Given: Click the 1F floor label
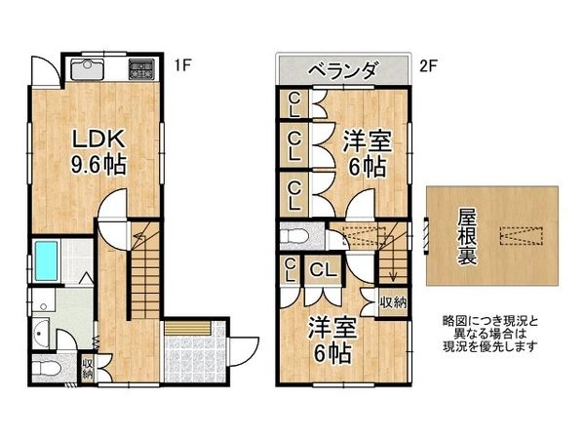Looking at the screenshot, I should (181, 67).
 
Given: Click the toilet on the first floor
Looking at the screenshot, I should (45, 369).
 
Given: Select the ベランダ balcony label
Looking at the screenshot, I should (343, 70).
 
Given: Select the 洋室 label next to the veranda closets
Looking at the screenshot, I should (368, 151).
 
